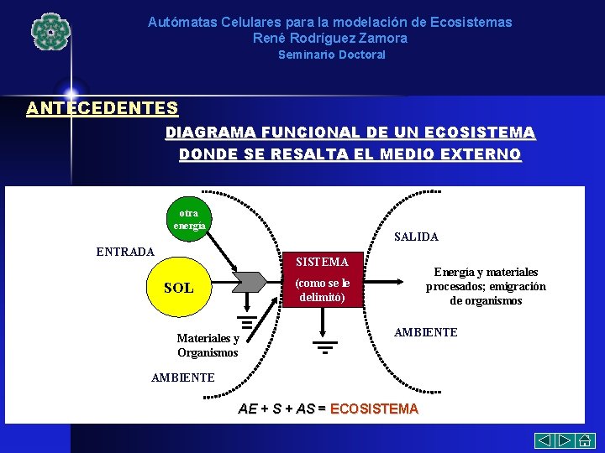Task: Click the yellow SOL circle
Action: coord(178,288)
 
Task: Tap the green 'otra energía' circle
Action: coord(188,218)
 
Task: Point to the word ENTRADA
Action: coord(125,252)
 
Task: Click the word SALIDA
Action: coord(416,237)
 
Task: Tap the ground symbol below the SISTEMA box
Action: coord(324,346)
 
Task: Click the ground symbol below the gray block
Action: coord(246,322)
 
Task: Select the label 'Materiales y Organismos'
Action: coord(208,346)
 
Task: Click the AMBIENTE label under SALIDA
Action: coord(426,332)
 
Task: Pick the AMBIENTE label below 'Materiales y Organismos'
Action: coord(182,377)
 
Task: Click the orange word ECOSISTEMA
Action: coord(374,409)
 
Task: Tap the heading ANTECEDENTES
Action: coord(102,108)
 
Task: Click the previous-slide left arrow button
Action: coord(545,440)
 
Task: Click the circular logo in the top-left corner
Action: coord(50,31)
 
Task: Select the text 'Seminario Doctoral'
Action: coord(332,55)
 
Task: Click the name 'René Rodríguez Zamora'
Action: coord(329,38)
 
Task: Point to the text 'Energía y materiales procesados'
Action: coord(486,279)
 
